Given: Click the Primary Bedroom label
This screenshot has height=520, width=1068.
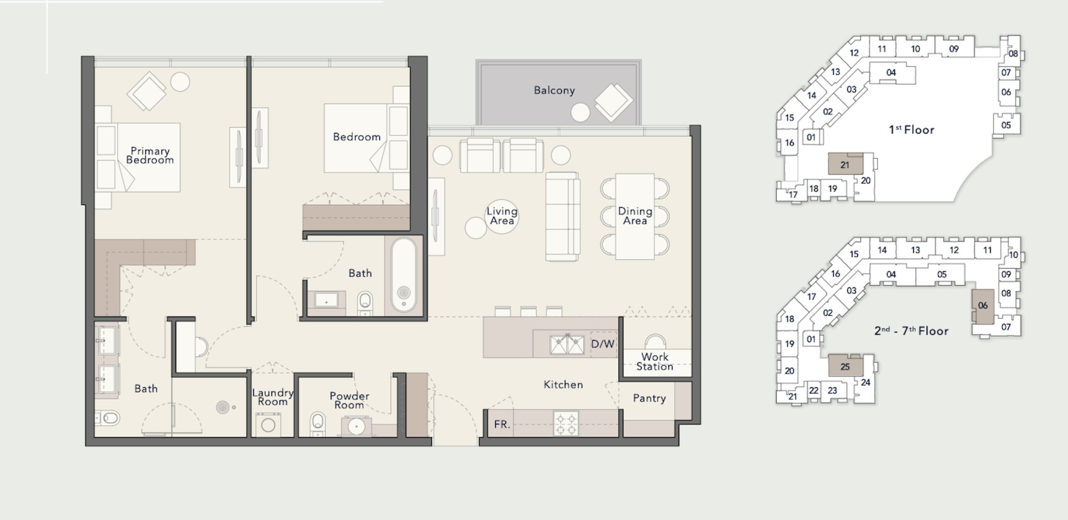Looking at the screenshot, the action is point(150,156).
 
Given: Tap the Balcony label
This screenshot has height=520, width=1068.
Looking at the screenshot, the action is point(554,91).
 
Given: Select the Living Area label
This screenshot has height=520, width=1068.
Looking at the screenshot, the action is point(502,216).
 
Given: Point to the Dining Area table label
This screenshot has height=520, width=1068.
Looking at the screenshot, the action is point(635,216).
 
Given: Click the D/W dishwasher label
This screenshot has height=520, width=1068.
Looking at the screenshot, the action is point(602,344).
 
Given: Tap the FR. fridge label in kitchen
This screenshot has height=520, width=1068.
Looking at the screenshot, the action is point(502,424).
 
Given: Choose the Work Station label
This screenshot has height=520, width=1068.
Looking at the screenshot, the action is point(655,362).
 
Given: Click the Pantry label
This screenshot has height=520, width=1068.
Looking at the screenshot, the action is point(649,398).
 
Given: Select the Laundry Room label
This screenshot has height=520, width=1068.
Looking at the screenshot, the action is point(273,397).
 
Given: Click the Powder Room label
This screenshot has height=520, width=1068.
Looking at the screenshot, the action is point(349,400).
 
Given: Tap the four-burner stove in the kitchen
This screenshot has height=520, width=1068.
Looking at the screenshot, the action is point(566,423).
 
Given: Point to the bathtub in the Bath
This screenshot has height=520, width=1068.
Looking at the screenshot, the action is point(404,275).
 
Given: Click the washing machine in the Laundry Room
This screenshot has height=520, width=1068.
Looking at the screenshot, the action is point(268,425).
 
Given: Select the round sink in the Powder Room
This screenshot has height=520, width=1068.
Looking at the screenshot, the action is point(356,426).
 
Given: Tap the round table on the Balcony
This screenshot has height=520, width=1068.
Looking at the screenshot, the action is point(580,113).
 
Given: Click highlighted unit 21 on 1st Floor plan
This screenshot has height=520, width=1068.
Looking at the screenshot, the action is point(845,164).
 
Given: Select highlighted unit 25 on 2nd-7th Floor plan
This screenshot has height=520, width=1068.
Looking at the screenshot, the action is point(845,365).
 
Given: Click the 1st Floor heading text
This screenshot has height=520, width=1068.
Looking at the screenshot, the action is point(912,130).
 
